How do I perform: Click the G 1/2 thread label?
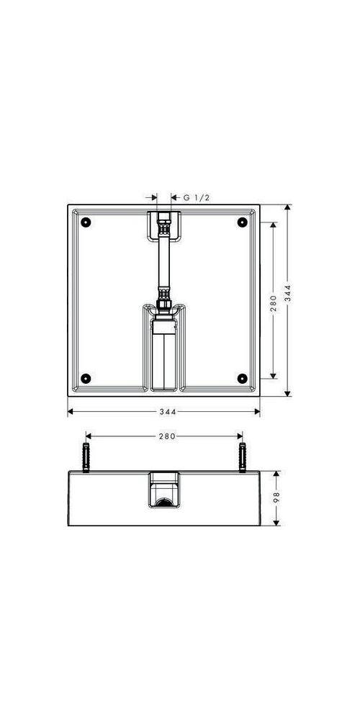(197, 197)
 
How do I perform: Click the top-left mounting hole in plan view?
(86, 222)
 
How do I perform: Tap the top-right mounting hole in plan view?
(243, 222)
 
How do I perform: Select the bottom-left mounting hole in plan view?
(86, 379)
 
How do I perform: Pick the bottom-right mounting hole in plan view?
(243, 379)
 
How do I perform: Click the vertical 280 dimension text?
(274, 304)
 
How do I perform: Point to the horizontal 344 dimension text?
(168, 412)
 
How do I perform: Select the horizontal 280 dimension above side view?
(168, 436)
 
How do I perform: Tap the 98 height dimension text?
(276, 498)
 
